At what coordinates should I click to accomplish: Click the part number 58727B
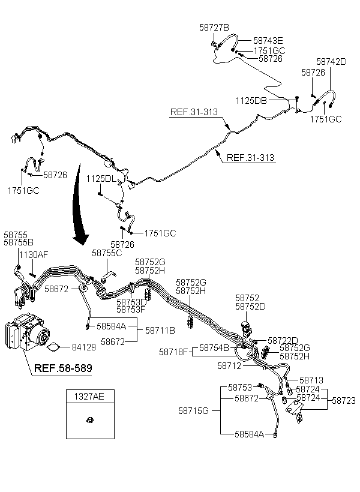click(214, 28)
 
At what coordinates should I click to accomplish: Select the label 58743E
click(268, 40)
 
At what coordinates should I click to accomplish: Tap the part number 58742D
click(331, 61)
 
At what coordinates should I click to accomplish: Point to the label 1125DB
click(251, 100)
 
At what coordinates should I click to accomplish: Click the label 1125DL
click(101, 179)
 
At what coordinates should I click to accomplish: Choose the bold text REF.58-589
click(63, 368)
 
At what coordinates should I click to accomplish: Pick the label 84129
click(84, 347)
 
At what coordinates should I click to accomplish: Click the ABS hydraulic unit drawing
click(28, 332)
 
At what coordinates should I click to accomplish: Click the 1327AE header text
click(89, 396)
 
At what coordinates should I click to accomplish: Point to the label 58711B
click(160, 331)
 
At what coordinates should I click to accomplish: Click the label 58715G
click(193, 411)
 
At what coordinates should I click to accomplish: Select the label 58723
click(344, 400)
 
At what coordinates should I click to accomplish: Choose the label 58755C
click(107, 253)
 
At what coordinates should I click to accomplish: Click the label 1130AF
click(34, 254)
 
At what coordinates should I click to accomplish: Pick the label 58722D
click(283, 340)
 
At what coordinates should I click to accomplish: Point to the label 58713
click(311, 380)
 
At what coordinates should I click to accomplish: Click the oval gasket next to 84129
click(53, 347)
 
